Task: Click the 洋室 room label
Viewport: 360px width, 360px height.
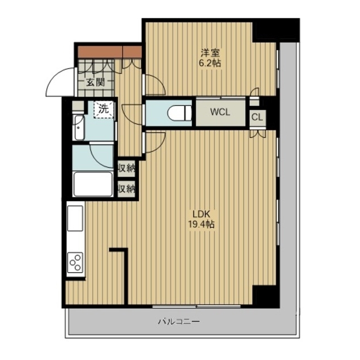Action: tap(210, 53)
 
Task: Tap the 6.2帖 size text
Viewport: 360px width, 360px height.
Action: tap(210, 63)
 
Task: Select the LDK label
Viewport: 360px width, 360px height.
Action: tap(201, 214)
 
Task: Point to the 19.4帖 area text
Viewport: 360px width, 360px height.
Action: tap(201, 224)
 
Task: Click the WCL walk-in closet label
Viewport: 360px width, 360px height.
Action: tap(220, 112)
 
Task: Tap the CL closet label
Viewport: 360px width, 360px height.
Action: tap(257, 118)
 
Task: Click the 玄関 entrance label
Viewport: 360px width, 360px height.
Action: tap(96, 82)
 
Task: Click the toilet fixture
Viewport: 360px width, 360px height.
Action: tap(179, 112)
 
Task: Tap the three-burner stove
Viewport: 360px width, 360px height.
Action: tap(75, 263)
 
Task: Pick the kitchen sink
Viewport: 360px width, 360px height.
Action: tap(75, 218)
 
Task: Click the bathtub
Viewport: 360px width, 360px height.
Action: tap(93, 184)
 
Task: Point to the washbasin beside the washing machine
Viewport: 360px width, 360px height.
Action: tap(79, 127)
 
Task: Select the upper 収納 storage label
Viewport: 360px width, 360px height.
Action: tap(127, 169)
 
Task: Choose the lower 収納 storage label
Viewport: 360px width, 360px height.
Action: tap(127, 189)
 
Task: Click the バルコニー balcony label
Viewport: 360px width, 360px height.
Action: tap(179, 321)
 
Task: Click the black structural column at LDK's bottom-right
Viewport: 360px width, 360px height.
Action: tap(265, 296)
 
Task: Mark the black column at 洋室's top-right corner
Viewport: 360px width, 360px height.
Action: tap(276, 30)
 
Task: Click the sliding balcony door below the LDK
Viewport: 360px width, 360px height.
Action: tap(196, 306)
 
